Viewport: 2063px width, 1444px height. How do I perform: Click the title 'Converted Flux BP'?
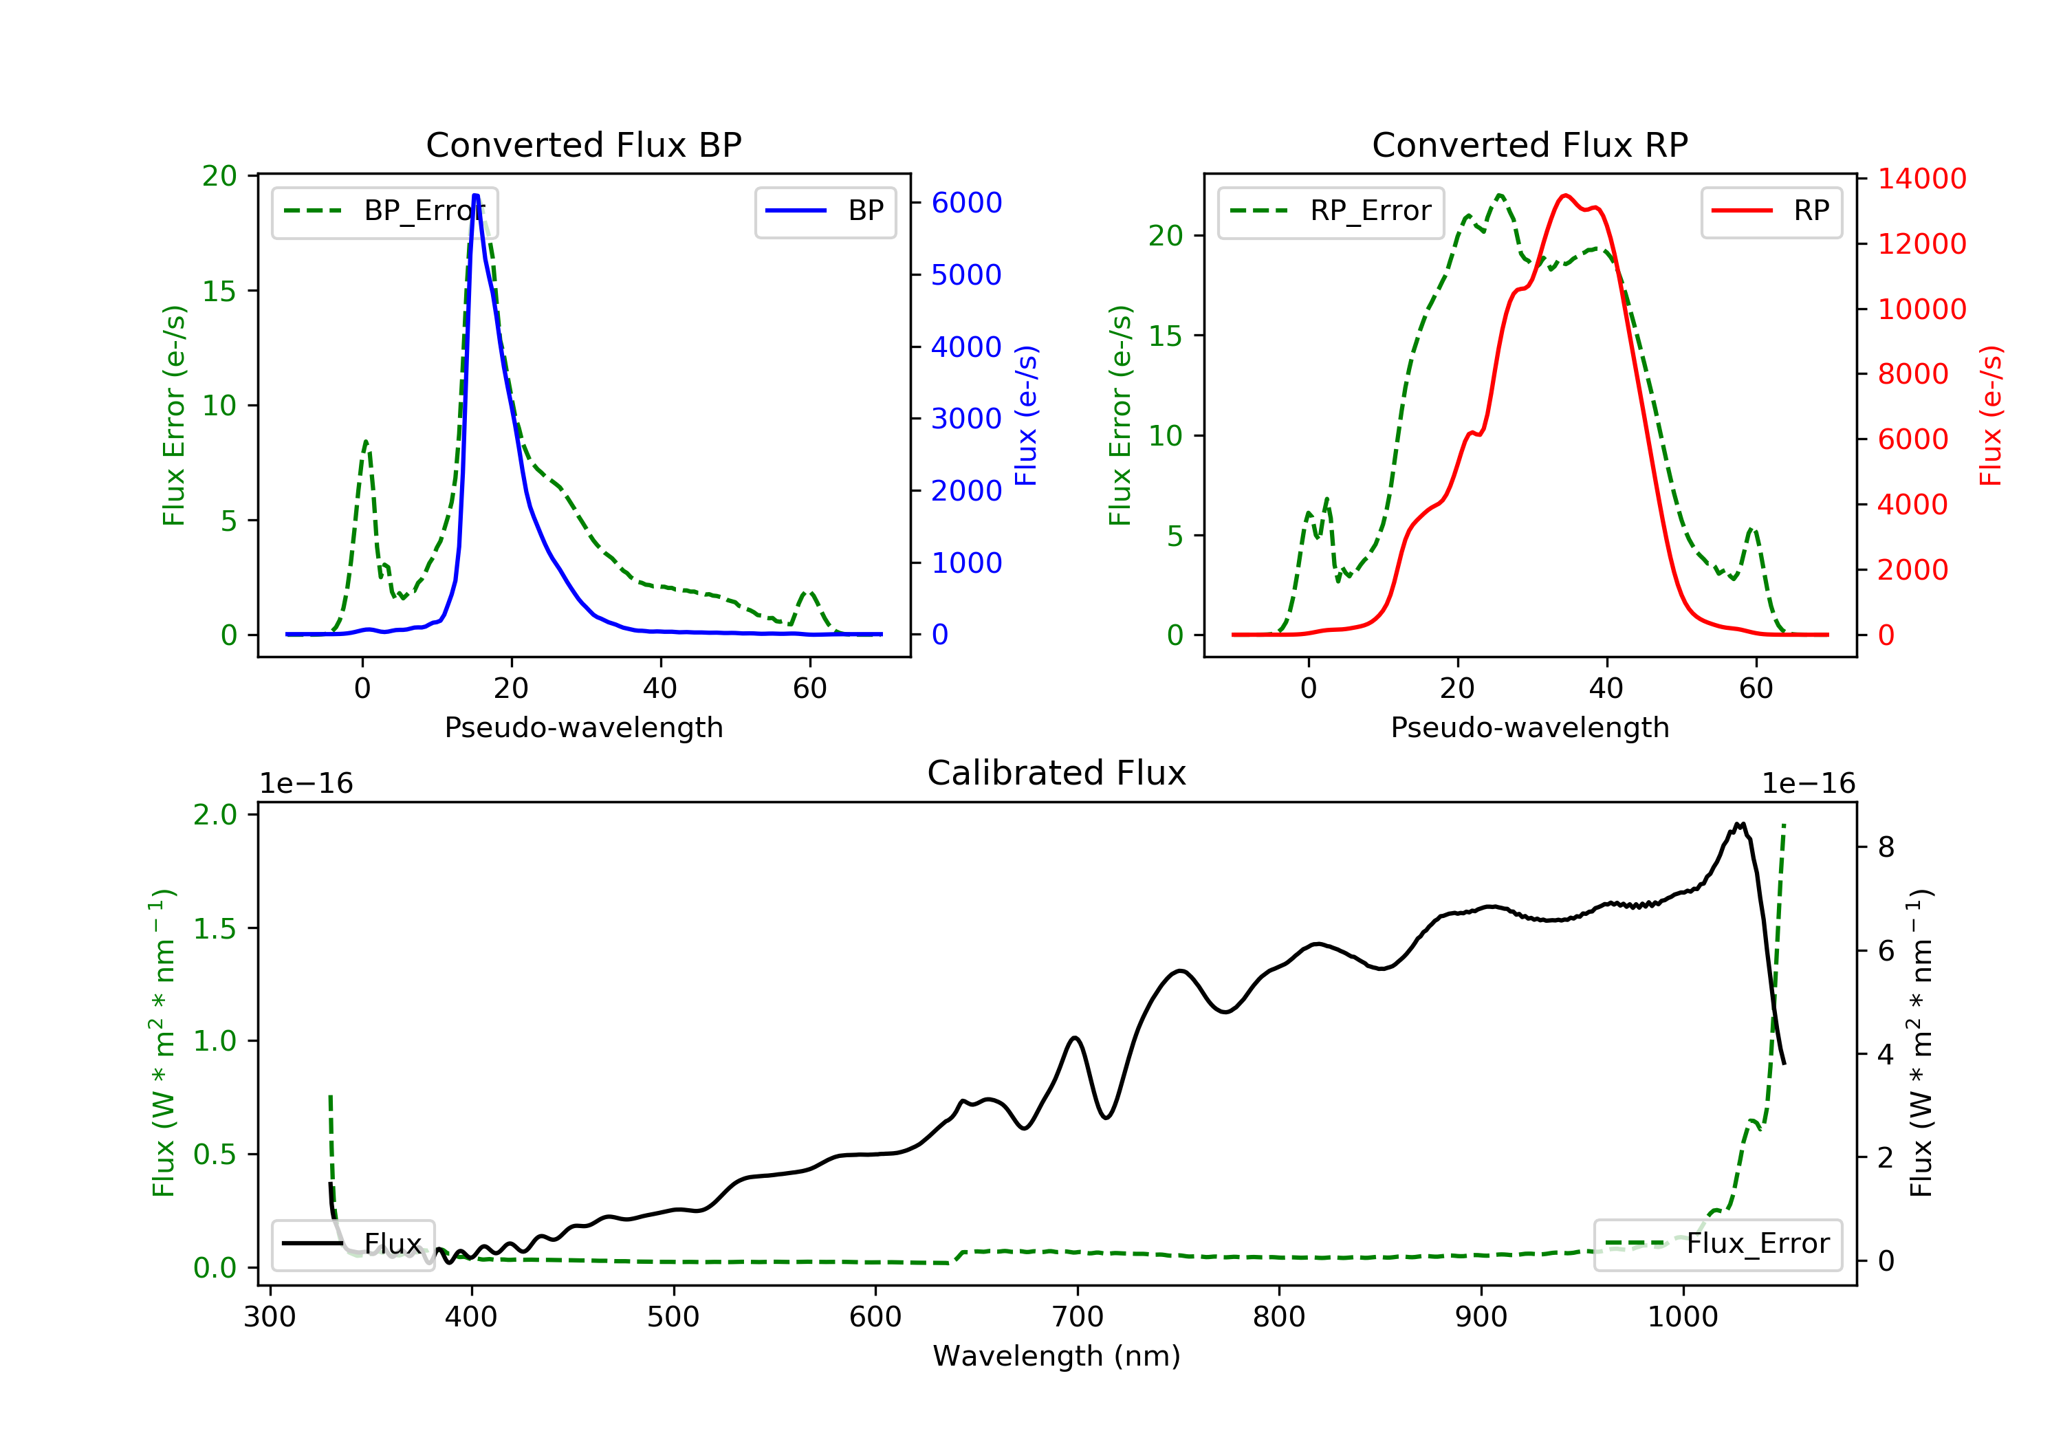point(583,144)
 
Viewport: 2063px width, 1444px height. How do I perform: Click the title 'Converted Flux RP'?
point(1529,144)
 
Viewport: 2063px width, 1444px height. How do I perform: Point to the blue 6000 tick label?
point(966,203)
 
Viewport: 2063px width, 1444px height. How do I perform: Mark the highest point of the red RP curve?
point(1565,195)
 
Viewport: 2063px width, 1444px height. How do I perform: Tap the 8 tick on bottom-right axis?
point(1886,847)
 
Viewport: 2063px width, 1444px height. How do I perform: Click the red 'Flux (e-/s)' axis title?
point(1991,416)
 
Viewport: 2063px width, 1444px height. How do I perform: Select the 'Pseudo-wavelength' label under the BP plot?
point(583,728)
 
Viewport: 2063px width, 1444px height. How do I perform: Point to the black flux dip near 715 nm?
point(1107,1117)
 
